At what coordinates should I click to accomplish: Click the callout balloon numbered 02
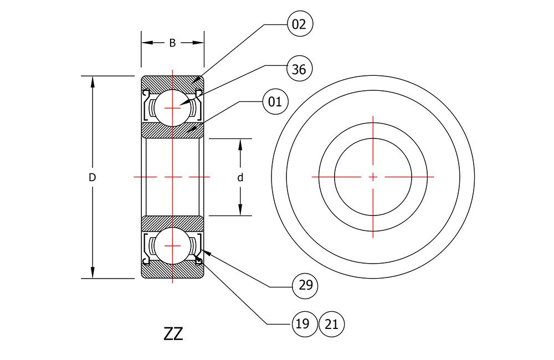point(300,24)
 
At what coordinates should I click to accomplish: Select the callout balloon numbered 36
point(299,69)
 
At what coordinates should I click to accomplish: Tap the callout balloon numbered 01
point(275,102)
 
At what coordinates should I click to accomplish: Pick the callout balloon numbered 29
point(305,286)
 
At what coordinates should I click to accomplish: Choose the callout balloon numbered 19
point(305,324)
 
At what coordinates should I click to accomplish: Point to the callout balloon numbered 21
point(331,324)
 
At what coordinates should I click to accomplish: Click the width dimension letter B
point(172,43)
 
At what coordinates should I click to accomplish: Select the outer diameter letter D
point(92,177)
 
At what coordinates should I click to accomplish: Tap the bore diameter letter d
point(240,177)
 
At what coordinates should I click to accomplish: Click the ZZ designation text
point(173,333)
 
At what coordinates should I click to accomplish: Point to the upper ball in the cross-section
point(172,108)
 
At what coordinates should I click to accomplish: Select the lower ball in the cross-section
point(172,245)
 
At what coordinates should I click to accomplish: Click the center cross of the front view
point(373,177)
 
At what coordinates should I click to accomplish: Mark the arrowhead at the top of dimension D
point(93,82)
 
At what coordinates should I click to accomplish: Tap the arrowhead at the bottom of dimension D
point(93,272)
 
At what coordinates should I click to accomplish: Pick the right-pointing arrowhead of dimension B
point(198,43)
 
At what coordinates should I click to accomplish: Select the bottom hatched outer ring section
point(172,270)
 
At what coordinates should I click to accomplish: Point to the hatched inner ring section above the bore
point(172,130)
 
